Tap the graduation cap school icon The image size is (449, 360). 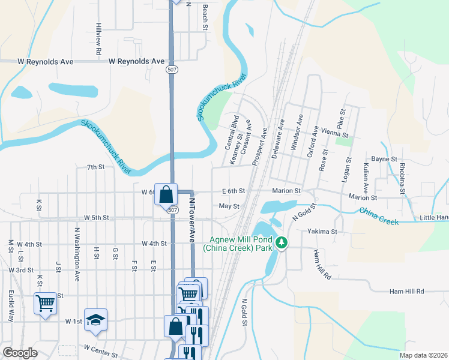[95, 321]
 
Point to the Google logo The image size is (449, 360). [20, 353]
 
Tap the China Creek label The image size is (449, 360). [378, 217]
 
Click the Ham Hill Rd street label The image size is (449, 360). [406, 291]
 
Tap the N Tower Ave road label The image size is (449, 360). [193, 217]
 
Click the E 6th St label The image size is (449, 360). [233, 191]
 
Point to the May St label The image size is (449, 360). [229, 206]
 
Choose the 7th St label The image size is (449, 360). [95, 167]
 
